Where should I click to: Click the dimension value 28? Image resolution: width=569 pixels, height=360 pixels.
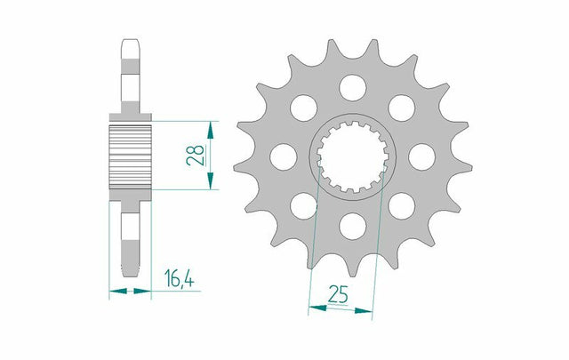tap(196, 156)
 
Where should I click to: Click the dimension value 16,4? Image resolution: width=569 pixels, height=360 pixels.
tap(179, 278)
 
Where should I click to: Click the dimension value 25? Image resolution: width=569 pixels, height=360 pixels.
tap(338, 294)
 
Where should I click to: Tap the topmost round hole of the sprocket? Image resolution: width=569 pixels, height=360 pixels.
tap(353, 88)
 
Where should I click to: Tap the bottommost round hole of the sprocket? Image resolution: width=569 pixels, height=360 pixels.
tap(353, 226)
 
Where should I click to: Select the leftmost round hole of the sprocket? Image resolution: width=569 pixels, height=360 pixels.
tap(284, 156)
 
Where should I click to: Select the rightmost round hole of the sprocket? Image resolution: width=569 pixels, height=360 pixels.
tap(421, 156)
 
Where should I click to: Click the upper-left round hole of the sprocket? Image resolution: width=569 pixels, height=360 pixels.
tap(304, 108)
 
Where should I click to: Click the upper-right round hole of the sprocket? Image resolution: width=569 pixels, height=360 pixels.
tap(402, 108)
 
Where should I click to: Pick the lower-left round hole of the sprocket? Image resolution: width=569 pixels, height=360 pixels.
tap(304, 205)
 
